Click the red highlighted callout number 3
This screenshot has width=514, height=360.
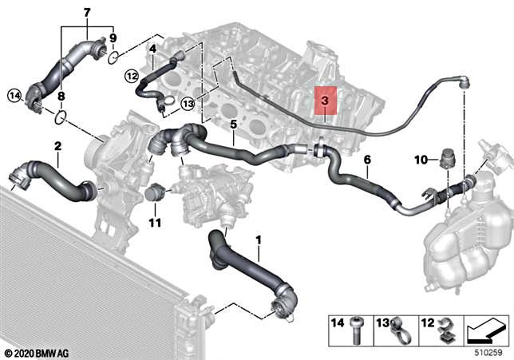tap(325, 102)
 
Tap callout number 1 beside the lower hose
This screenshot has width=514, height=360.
tap(258, 239)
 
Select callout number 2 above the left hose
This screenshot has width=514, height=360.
tap(57, 146)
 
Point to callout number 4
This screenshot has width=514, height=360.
tap(152, 49)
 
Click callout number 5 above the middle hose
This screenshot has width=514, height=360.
tap(233, 125)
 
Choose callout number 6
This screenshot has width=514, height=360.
tap(367, 160)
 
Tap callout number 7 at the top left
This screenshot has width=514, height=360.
tap(87, 12)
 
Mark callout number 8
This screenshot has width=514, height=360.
tap(61, 96)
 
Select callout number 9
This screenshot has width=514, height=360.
tap(113, 38)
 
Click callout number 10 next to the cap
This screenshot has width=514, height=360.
tap(421, 160)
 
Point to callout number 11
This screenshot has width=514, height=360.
tap(156, 221)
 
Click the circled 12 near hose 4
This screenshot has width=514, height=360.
tap(132, 76)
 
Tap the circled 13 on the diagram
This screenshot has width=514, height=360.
tap(188, 103)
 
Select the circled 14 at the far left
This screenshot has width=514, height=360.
tap(14, 96)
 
